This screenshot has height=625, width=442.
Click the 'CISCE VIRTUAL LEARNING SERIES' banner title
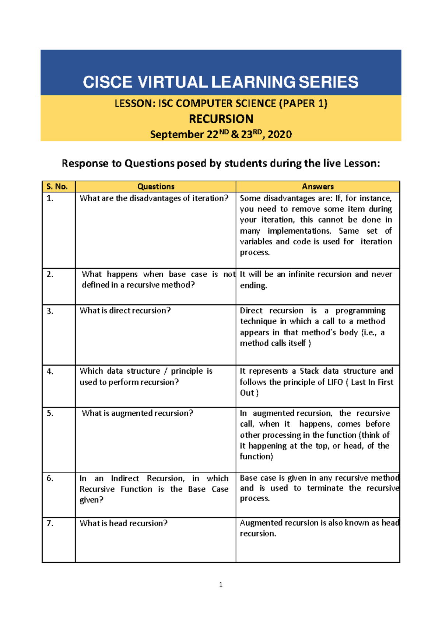coord(220,82)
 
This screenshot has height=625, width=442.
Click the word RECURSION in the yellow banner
coord(221,119)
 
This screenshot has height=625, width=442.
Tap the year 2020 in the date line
coord(280,135)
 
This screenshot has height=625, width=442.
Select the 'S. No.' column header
coord(57,186)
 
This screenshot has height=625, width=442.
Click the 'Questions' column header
coord(156,186)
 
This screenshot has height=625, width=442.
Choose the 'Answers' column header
coord(318,186)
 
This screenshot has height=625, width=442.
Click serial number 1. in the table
coord(50,198)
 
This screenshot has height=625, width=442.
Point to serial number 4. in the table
coord(50,371)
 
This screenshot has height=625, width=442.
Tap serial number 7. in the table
coord(50,523)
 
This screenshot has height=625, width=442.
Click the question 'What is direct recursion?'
coord(125,311)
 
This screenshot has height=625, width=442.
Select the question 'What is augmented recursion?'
coord(137,413)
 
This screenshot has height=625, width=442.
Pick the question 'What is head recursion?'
coord(123,523)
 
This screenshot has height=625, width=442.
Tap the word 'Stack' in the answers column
coord(309,371)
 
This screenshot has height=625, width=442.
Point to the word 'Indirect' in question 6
coord(125,478)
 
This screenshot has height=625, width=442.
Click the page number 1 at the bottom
coord(221,585)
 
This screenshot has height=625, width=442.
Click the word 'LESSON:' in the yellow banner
coord(135,104)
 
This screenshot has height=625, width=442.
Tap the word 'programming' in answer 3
coord(360,311)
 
